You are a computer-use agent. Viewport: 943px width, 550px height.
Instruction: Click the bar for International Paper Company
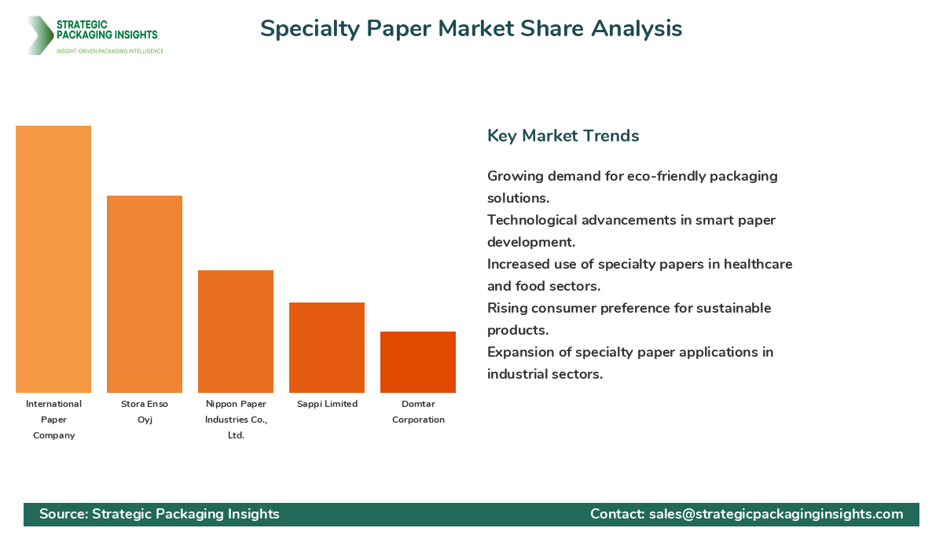[53, 259]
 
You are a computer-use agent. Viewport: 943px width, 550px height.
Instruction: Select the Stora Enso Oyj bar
[145, 294]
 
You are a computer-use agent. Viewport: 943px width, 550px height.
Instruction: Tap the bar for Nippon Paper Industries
[236, 332]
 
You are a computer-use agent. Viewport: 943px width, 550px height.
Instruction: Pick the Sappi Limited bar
[327, 347]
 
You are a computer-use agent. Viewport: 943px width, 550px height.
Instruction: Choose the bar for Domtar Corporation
[418, 362]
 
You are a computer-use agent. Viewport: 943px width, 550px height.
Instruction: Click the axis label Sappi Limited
[327, 404]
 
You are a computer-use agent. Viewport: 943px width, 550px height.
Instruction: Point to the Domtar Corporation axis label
[418, 412]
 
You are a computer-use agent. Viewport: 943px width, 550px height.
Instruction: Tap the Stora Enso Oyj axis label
[145, 412]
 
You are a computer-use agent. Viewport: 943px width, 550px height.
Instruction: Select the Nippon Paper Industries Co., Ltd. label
[236, 420]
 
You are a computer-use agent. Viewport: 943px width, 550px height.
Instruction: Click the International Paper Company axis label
[53, 420]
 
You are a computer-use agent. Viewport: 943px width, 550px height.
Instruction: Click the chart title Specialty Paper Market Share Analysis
[471, 28]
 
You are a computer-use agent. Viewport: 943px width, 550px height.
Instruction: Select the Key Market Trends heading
[563, 136]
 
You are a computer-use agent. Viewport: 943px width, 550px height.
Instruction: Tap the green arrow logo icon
[39, 35]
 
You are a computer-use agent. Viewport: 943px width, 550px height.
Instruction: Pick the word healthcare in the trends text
[753, 264]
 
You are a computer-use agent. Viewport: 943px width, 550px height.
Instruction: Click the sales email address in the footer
[776, 514]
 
